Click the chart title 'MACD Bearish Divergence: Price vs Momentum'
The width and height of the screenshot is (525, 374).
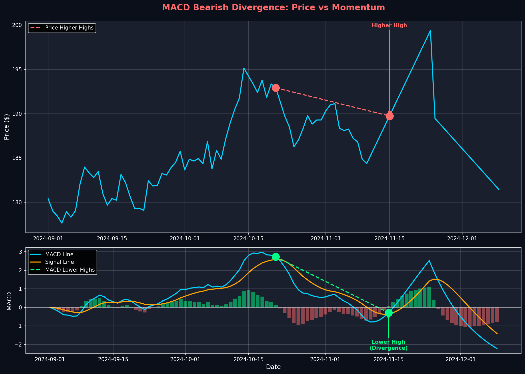click(273, 8)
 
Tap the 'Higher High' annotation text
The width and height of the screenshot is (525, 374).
click(389, 25)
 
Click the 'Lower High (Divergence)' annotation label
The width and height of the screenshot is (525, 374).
click(389, 345)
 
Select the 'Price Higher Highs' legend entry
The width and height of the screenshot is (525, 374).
click(69, 28)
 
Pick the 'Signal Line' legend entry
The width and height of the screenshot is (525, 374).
click(60, 262)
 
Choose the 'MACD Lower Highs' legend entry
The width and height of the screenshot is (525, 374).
click(70, 270)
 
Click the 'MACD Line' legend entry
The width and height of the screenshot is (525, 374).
click(59, 254)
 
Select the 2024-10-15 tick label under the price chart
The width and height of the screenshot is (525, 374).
click(248, 238)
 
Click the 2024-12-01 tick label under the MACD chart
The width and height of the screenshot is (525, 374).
click(461, 359)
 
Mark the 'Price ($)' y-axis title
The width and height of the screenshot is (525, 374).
click(7, 127)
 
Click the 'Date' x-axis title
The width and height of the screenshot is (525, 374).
click(273, 367)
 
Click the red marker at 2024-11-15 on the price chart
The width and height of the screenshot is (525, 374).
click(390, 116)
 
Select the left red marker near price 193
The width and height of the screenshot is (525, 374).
click(276, 88)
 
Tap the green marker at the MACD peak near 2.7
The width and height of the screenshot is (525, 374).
click(276, 257)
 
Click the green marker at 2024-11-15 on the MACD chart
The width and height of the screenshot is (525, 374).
click(389, 313)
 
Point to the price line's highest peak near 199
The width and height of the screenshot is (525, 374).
click(430, 31)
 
